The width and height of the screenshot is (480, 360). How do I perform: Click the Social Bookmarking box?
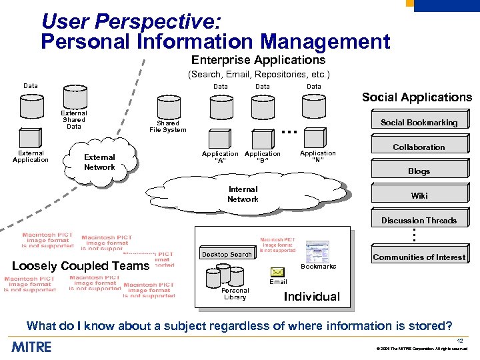[x=419, y=122]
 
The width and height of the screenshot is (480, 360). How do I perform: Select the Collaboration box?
[x=419, y=147]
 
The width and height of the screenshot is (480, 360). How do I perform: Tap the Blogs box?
[x=419, y=171]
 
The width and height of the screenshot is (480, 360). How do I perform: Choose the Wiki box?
[x=419, y=196]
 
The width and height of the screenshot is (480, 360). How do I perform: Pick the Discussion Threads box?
[x=419, y=220]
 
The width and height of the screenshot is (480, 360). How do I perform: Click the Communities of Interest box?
[x=419, y=257]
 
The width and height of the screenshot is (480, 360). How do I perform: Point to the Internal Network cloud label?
[x=243, y=194]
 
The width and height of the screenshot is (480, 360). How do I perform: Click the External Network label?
[x=99, y=162]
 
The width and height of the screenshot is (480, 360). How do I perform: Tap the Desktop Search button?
[x=227, y=254]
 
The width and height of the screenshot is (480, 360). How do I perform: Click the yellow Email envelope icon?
[x=278, y=271]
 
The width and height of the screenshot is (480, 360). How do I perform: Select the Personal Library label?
[x=235, y=294]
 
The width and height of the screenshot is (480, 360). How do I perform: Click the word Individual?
[x=311, y=297]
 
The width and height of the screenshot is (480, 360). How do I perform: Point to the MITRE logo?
[x=31, y=347]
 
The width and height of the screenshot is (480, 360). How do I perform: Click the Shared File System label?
[x=167, y=127]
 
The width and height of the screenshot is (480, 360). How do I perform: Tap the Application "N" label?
[x=317, y=157]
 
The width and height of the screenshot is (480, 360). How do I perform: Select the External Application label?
[x=31, y=156]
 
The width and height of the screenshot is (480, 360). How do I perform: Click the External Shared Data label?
[x=73, y=120]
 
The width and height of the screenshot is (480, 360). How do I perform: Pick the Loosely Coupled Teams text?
[x=81, y=266]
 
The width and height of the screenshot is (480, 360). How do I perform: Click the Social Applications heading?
[x=417, y=97]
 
